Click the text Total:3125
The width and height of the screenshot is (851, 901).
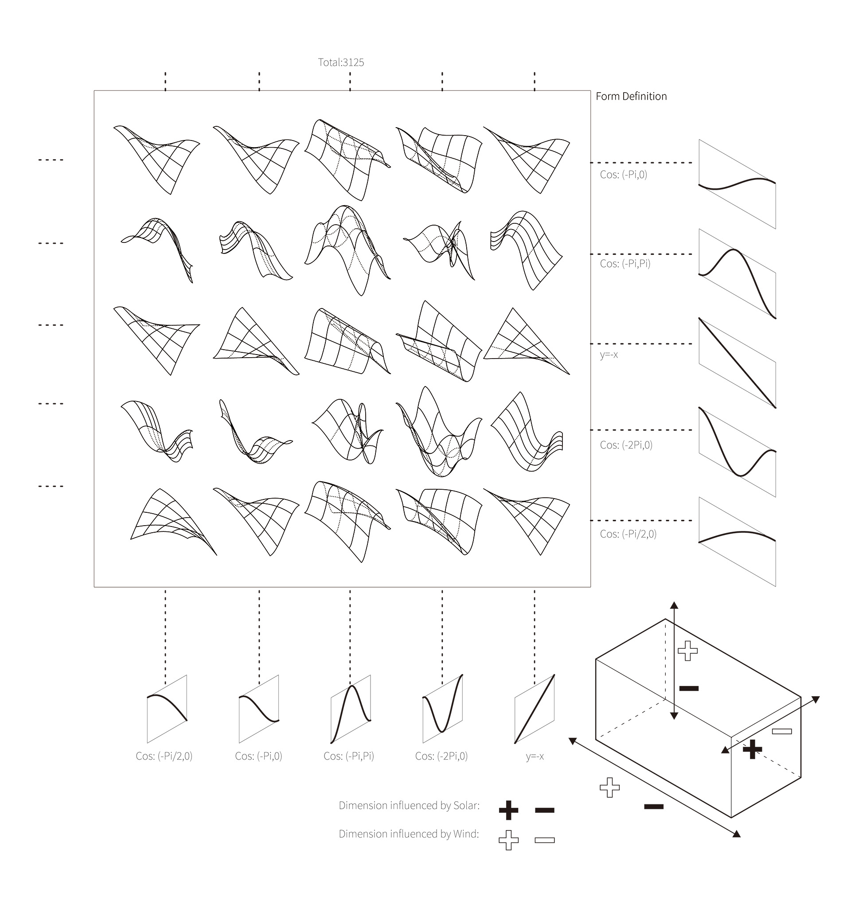pos(341,62)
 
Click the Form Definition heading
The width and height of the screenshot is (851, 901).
pos(631,96)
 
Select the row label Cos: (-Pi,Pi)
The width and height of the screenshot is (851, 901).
pos(625,264)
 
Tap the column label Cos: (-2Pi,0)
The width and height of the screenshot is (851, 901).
pos(441,756)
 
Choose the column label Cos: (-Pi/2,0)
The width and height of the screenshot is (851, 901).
pos(164,756)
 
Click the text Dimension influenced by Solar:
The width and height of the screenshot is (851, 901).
pos(409,805)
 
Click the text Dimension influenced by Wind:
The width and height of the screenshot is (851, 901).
pos(409,833)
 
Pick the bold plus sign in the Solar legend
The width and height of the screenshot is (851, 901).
pos(508,810)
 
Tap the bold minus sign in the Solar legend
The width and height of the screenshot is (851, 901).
pos(545,810)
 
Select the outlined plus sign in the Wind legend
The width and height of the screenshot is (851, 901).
pos(508,840)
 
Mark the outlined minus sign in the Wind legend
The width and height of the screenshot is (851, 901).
pos(545,840)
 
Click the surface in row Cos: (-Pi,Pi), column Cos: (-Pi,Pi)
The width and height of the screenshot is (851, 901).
pos(347,250)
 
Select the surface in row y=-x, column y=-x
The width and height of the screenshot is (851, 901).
pos(527,341)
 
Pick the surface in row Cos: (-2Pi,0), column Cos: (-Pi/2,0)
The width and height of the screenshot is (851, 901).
pos(157,431)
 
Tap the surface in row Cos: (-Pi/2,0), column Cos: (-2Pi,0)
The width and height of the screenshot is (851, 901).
pos(439,522)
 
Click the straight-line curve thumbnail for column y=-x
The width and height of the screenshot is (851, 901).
pos(535,709)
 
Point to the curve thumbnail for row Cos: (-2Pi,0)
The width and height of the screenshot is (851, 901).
pos(738,452)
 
